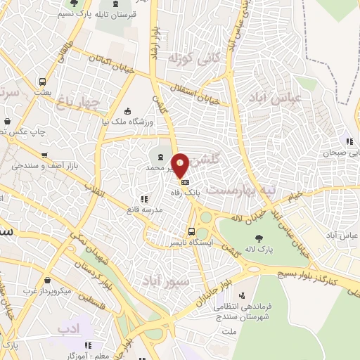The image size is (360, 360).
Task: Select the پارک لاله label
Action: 259,249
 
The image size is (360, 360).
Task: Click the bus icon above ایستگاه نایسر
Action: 191,232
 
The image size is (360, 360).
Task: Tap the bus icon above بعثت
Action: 43,82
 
